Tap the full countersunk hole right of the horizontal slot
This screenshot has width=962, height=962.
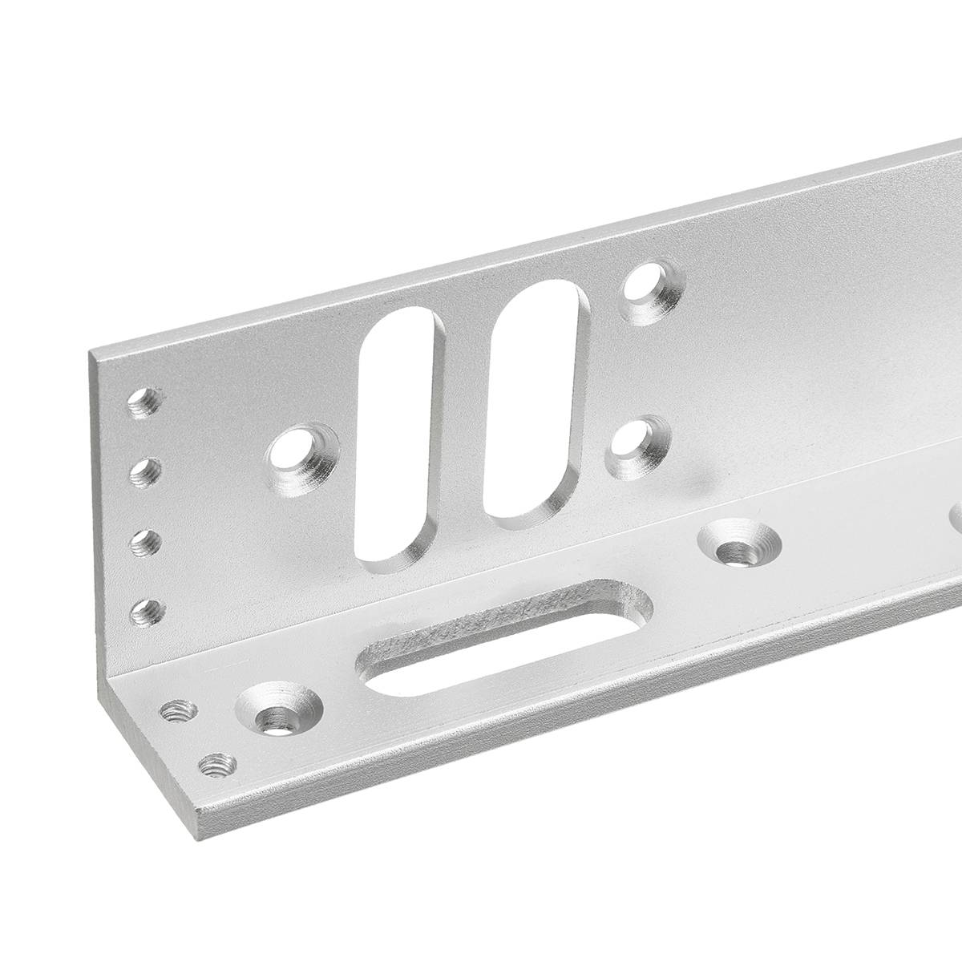739,547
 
